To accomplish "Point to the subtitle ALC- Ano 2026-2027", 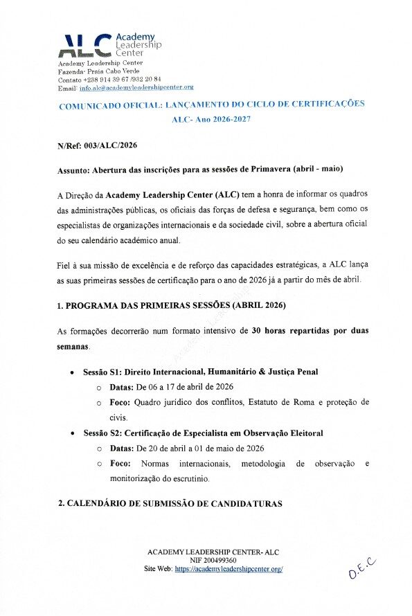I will tap(211, 119).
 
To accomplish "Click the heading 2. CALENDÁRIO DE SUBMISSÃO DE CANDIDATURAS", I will tap(170, 503).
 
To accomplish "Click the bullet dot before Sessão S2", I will tap(73, 434).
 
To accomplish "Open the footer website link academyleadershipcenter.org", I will tap(229, 568).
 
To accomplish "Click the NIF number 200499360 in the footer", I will tap(223, 560).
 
